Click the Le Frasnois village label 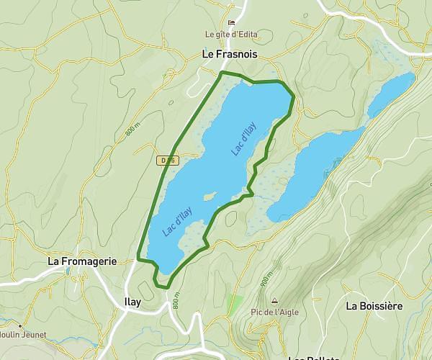click(229, 53)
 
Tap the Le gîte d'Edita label click(231, 34)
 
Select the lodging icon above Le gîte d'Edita click(231, 23)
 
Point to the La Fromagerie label click(82, 261)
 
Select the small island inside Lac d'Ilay click(210, 196)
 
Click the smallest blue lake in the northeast click(391, 94)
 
